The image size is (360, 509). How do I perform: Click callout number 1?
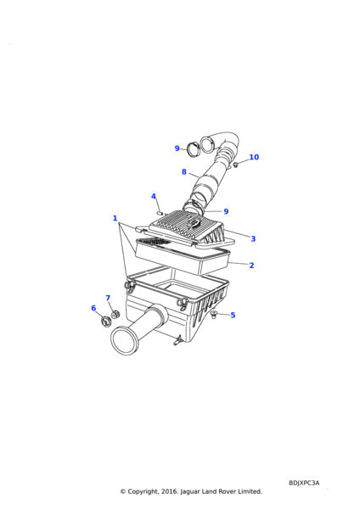click(x=115, y=218)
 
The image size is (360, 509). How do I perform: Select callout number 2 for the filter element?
click(x=251, y=266)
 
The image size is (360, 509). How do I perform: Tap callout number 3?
click(x=253, y=238)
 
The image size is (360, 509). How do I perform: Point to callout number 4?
click(x=154, y=196)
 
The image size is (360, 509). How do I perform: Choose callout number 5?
click(x=233, y=315)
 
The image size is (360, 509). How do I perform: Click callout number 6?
click(x=93, y=308)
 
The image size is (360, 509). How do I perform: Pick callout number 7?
click(x=108, y=298)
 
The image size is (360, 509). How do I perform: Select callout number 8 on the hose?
click(x=184, y=171)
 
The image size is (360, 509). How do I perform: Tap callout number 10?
click(x=254, y=157)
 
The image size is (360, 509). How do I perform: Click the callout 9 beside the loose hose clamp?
click(x=177, y=148)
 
